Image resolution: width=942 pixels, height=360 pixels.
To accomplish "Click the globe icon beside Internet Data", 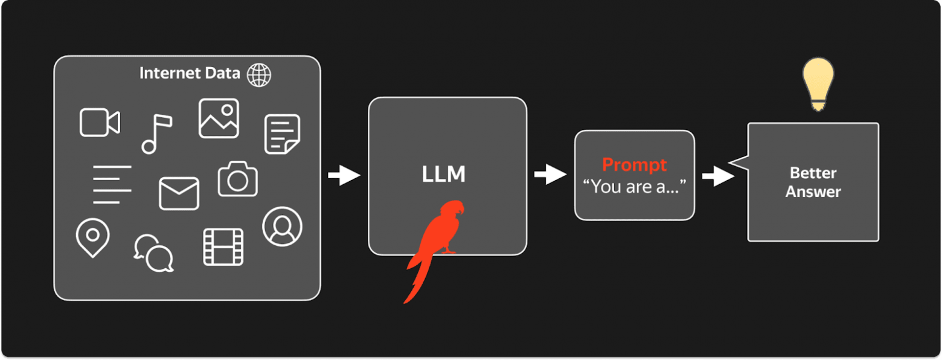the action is (259, 75).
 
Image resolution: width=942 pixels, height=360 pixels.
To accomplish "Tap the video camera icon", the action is (100, 123).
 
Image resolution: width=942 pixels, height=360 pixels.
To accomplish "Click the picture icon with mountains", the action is (219, 118).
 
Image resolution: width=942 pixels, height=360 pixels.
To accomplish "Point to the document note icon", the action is (282, 134).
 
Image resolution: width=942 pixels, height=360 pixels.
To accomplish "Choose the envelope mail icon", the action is (179, 193).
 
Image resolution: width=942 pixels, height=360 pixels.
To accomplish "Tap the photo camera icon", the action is (237, 179).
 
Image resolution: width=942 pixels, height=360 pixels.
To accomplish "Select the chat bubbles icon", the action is (154, 253).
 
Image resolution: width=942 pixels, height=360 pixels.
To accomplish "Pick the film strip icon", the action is (223, 247).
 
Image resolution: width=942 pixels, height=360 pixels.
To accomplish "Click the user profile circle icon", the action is (282, 227).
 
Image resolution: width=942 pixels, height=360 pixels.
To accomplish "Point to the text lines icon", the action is (112, 185).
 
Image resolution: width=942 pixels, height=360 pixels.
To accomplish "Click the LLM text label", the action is (444, 174).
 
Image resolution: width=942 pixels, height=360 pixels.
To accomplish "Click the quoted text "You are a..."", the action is (634, 187).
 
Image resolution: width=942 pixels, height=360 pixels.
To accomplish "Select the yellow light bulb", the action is (818, 85).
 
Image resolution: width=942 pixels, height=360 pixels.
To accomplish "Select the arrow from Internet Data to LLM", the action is (344, 175).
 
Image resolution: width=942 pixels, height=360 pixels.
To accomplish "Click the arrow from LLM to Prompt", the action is (551, 174).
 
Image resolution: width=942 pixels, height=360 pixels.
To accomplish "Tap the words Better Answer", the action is (813, 182).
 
